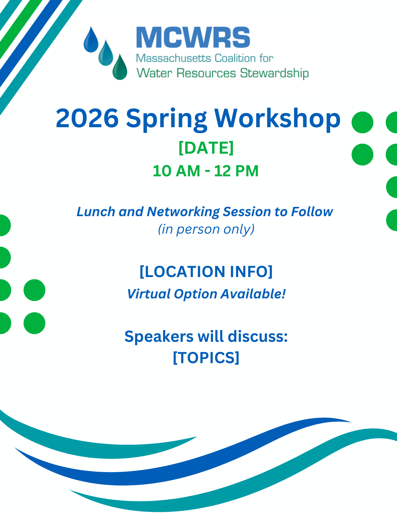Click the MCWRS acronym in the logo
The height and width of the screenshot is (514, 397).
193,38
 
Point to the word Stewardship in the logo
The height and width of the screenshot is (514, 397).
274,73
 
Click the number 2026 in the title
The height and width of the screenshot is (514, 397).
87,118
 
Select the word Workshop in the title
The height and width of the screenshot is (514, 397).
278,118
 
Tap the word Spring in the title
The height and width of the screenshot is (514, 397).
166,119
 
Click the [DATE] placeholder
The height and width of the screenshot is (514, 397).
206,148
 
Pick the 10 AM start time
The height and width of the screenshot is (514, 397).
176,171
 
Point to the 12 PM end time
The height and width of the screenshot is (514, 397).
236,171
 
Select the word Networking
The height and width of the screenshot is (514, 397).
183,212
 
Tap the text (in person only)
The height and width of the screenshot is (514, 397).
206,229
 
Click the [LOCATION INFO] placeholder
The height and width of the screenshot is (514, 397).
206,272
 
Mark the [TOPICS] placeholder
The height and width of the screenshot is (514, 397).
206,357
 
